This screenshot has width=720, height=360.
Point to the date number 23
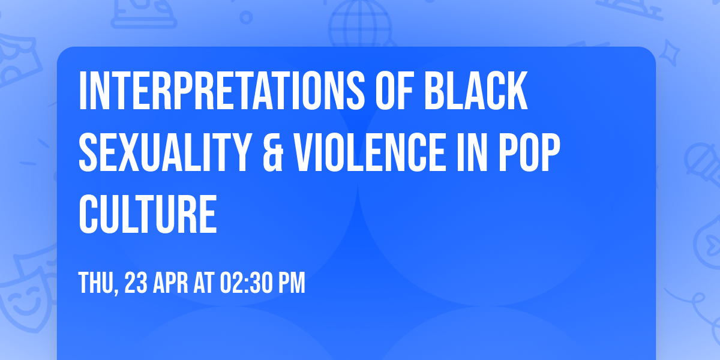pyautogui.click(x=137, y=283)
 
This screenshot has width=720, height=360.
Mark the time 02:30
pyautogui.click(x=248, y=283)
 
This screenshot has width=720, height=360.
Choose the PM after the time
pyautogui.click(x=291, y=283)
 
